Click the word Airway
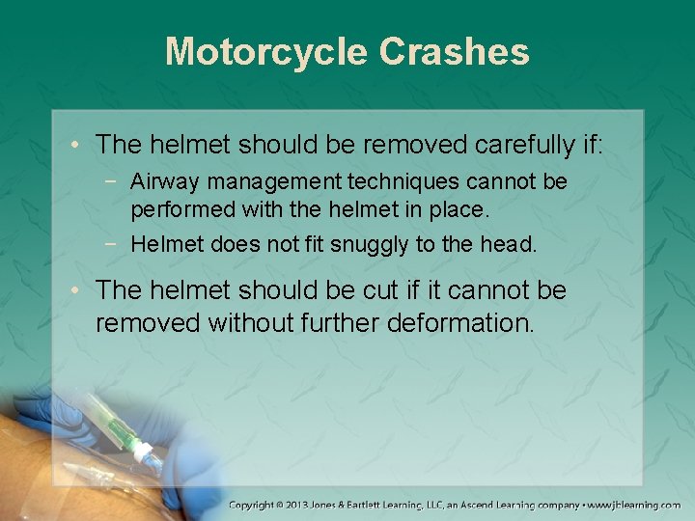click(160, 181)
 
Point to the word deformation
click(459, 322)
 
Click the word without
click(243, 322)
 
